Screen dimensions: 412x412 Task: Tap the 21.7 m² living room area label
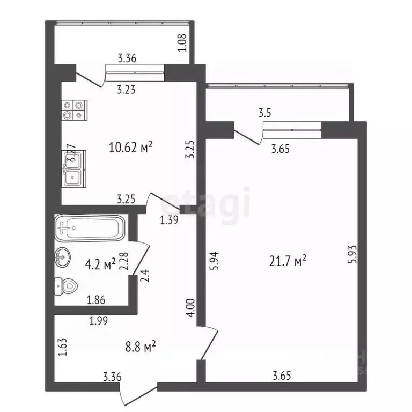click(x=288, y=261)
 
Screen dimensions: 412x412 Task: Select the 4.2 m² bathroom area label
click(x=100, y=264)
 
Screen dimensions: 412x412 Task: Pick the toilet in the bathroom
click(x=66, y=286)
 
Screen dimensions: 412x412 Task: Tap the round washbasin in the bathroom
click(x=63, y=259)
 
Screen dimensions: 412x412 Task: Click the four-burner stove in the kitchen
click(x=73, y=109)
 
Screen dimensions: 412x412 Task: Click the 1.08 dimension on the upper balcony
click(x=182, y=42)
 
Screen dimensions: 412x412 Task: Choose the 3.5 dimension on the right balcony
click(x=265, y=113)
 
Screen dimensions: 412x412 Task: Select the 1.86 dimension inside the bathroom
click(x=95, y=300)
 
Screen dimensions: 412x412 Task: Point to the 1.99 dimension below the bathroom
click(x=99, y=321)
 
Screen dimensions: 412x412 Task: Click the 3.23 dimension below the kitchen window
click(x=126, y=90)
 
